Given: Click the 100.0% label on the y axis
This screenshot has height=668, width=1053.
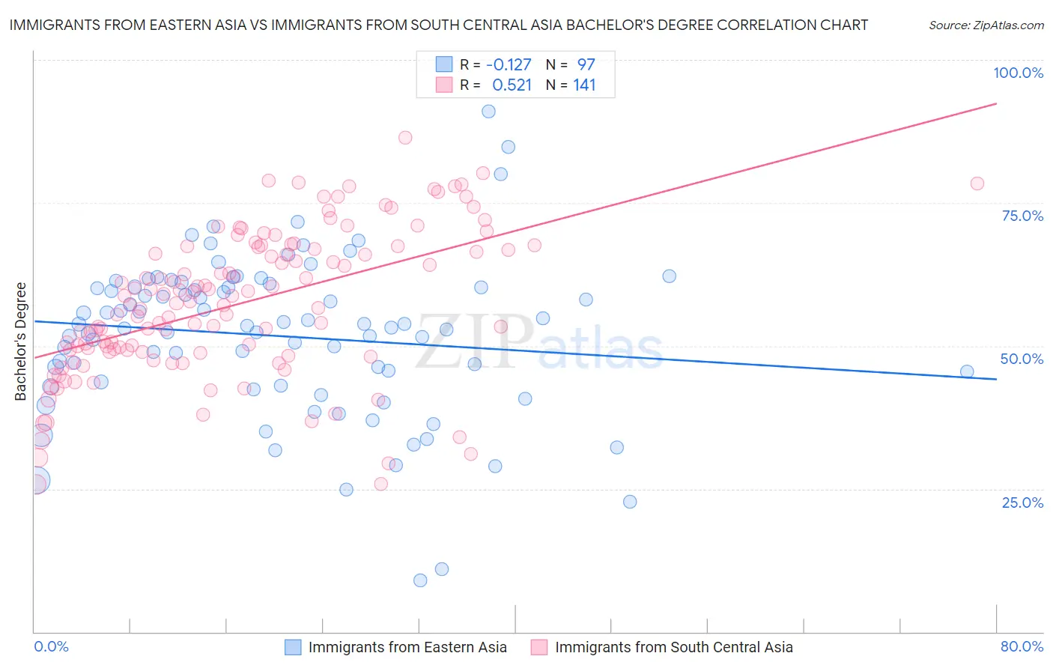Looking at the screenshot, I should pos(1018,73).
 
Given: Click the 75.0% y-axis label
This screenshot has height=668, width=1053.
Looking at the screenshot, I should pos(1022,216).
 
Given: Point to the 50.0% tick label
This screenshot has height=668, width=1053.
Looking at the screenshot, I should pos(1022,359).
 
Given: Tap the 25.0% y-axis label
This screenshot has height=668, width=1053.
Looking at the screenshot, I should pos(1022,502).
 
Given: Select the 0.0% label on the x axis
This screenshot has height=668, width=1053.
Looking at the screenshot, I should pos(51,646).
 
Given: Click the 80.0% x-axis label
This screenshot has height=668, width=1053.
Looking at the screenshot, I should pos(1022,646).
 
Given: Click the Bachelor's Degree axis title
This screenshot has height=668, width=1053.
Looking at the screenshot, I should pos(21,341).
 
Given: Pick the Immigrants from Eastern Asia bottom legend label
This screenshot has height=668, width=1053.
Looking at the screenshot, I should pos(407,648).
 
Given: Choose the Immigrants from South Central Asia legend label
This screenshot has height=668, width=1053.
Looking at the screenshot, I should pos(673,648).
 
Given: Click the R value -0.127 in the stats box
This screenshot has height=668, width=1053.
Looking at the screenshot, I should pos(509,65).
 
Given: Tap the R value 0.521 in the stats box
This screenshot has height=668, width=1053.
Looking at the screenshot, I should pos(512,85).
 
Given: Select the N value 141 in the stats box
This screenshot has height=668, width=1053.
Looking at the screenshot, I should pos(584,85).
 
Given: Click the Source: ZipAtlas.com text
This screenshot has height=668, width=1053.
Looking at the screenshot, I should pos(986,25).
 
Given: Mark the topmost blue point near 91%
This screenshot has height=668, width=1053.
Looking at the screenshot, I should pos(488,112).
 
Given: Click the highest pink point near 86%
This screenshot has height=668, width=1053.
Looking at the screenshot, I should pos(405,138).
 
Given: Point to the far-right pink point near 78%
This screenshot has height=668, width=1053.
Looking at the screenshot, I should pos(977,183).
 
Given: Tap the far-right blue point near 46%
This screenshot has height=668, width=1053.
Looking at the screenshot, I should pos(967,371).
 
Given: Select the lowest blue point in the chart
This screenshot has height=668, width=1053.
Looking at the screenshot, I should pos(420,580).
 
